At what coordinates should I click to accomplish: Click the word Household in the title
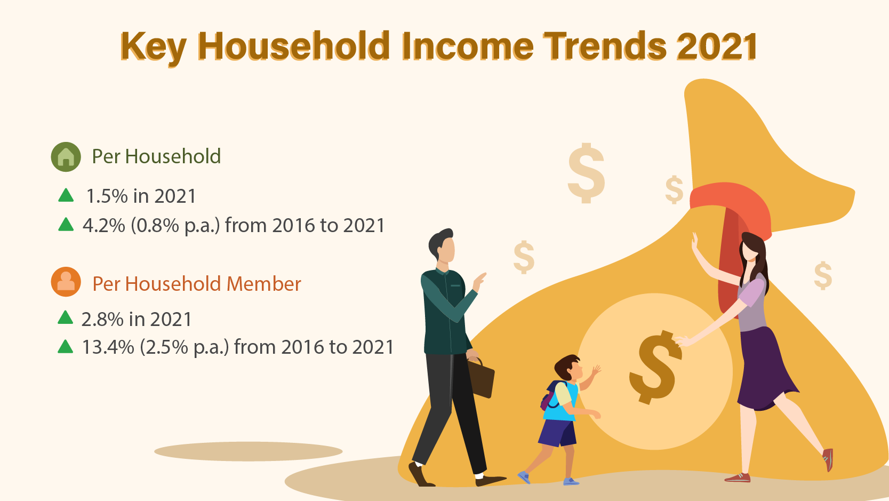tap(293, 46)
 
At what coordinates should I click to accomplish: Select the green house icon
tap(66, 157)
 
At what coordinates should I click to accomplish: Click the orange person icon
tap(66, 282)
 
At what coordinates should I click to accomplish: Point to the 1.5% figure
tap(107, 196)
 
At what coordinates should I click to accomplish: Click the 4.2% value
tap(103, 226)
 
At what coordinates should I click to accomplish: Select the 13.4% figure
tap(108, 347)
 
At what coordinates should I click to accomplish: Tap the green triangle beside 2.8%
tap(65, 318)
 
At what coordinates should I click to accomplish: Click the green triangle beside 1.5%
tap(66, 195)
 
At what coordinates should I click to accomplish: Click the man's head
tap(442, 245)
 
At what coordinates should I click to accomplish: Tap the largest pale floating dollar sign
tap(586, 173)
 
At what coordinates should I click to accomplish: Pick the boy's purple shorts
tap(557, 432)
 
